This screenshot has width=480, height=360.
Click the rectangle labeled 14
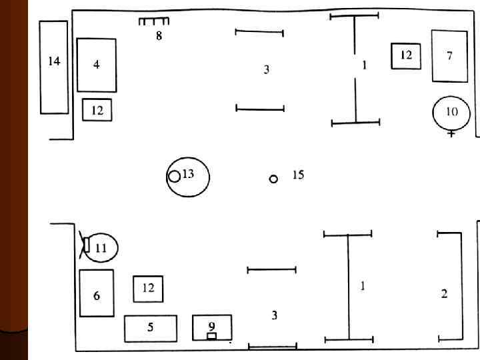tap(54, 67)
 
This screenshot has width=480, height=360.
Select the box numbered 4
tap(97, 65)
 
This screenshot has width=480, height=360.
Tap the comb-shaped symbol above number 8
tap(154, 21)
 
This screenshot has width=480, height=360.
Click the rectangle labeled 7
tap(449, 56)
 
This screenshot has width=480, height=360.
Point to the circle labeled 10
tap(451, 113)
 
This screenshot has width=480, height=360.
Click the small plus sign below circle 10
tap(451, 134)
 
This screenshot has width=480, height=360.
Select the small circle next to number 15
tap(273, 179)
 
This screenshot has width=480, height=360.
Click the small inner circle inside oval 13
tap(174, 176)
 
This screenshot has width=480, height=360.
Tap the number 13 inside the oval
tap(189, 174)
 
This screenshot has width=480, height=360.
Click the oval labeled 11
tap(102, 247)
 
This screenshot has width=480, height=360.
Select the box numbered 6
tap(97, 293)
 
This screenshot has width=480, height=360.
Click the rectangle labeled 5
tap(151, 328)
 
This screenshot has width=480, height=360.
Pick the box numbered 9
tap(212, 327)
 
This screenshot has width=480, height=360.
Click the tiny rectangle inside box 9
tap(211, 336)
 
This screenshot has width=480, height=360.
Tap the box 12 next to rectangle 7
tap(406, 56)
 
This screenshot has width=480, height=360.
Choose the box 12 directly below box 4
tap(97, 110)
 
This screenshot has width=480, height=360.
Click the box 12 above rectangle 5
tap(148, 289)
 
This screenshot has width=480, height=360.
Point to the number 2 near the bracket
tap(444, 293)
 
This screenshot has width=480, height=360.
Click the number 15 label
tap(298, 175)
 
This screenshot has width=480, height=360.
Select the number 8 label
tap(159, 36)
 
